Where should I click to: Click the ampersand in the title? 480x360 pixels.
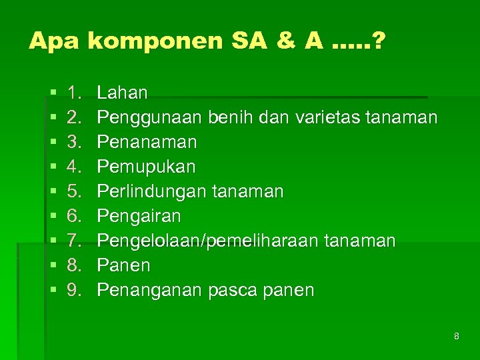click(285, 42)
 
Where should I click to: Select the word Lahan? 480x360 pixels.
click(123, 93)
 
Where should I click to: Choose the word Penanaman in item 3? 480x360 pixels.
click(147, 142)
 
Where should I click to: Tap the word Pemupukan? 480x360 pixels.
click(146, 167)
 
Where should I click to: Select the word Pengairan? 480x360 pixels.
click(139, 217)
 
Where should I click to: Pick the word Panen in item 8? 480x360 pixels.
click(123, 265)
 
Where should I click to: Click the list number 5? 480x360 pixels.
click(73, 192)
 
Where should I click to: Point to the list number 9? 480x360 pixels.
click(73, 291)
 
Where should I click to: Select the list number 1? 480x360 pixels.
click(73, 93)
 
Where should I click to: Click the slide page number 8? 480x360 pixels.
click(457, 336)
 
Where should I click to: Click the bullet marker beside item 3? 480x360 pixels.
click(53, 143)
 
